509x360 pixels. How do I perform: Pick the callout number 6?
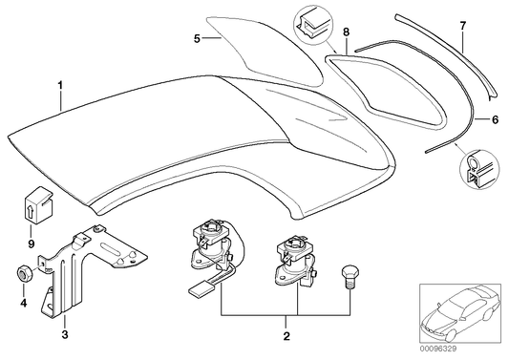pyautogui.click(x=494, y=119)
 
